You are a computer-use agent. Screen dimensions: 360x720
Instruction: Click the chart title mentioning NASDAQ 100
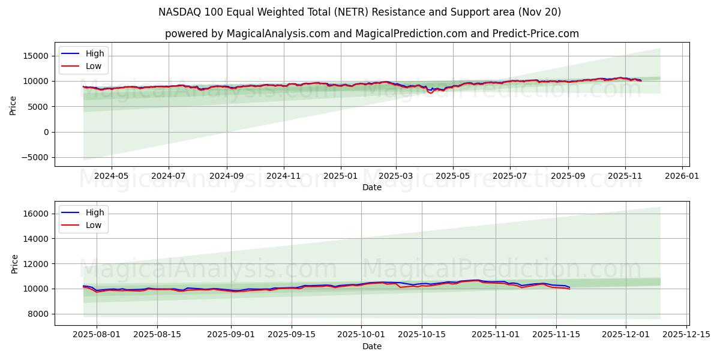coord(360,12)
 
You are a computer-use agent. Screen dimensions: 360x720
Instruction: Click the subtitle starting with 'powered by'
coord(372,34)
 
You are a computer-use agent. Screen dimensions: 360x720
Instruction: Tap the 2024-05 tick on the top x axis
coord(111,176)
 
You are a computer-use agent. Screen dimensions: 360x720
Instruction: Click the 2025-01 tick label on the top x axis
coord(341,176)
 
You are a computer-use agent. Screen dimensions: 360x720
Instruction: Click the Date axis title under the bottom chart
coord(372,346)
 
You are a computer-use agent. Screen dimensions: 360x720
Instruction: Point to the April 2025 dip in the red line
coord(430,92)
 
